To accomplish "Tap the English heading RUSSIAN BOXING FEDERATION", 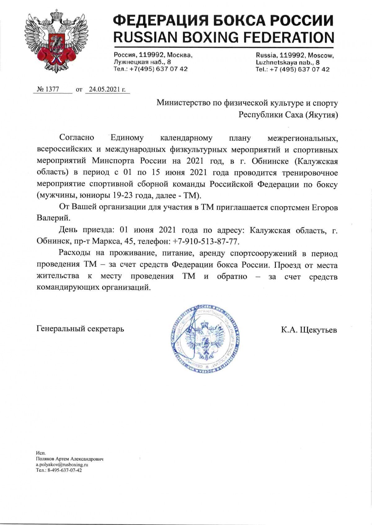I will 224,37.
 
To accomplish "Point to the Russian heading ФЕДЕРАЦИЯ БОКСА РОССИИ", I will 224,21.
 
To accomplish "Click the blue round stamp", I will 206,338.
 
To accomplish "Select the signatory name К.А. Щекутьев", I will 309,330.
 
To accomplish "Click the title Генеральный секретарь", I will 80,329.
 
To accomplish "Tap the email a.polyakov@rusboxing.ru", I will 62,464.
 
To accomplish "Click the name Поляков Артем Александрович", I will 69,459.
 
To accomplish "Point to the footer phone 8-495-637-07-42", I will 63,470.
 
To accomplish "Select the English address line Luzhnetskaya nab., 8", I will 288,62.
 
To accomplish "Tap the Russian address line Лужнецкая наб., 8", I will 142,62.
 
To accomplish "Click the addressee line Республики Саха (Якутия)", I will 288,115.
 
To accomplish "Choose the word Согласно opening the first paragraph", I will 77,137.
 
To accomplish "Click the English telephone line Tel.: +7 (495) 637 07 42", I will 292,69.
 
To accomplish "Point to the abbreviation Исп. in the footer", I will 41,453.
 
